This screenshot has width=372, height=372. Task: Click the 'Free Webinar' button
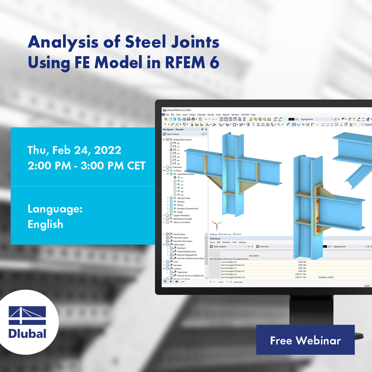(x=305, y=340)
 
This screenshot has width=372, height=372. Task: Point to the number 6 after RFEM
(x=215, y=63)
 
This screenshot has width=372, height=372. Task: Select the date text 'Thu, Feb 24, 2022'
(x=74, y=150)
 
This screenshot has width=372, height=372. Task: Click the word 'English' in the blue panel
(x=45, y=224)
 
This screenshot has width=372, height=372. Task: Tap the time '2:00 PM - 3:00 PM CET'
(x=86, y=166)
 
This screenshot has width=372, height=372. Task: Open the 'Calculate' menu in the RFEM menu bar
(x=201, y=115)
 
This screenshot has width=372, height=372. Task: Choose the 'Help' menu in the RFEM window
(x=253, y=115)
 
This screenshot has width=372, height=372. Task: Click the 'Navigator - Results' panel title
(x=173, y=129)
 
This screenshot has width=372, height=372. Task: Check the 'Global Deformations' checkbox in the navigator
(x=167, y=139)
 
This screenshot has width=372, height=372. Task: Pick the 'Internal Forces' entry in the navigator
(x=183, y=198)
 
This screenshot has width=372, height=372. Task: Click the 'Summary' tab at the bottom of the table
(x=238, y=282)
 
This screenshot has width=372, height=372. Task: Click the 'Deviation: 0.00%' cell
(x=325, y=277)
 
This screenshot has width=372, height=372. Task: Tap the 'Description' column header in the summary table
(x=254, y=256)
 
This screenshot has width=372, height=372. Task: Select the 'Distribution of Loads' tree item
(x=184, y=219)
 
